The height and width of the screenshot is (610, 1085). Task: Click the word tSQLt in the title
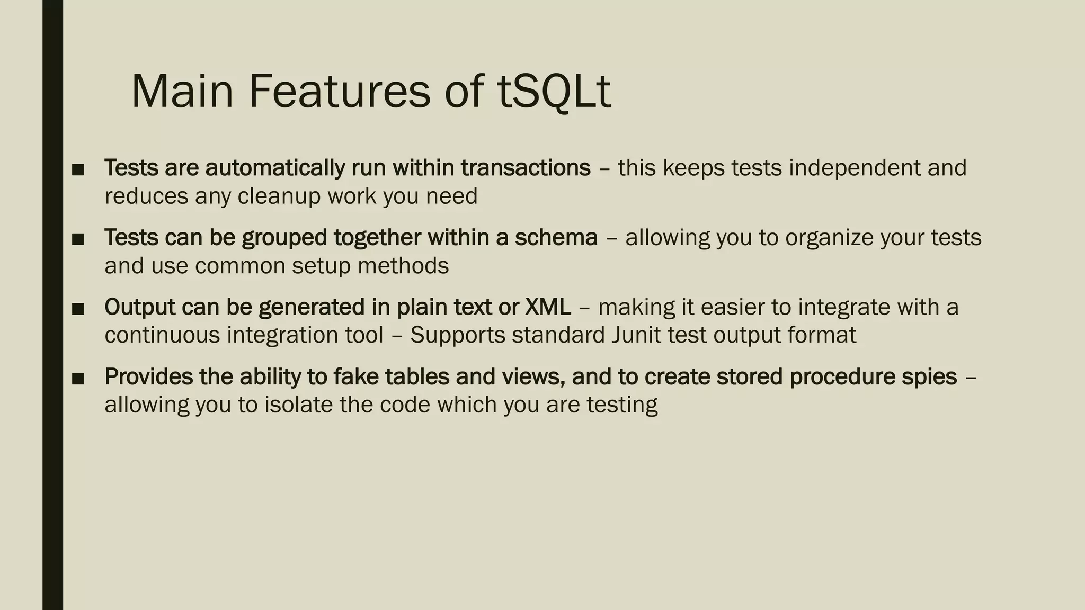tap(554, 91)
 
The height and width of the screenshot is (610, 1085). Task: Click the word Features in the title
tap(339, 91)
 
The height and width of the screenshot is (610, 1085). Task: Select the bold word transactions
tap(526, 168)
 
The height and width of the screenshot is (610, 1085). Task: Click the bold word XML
tap(548, 307)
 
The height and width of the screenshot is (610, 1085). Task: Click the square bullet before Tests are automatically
tap(78, 169)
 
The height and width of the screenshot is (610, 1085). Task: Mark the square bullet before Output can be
tap(78, 309)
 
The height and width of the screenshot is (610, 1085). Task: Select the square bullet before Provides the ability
tap(78, 378)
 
